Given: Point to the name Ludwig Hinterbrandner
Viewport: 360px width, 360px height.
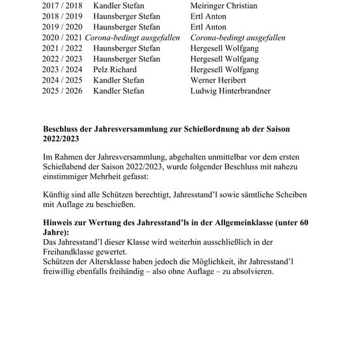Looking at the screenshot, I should click(230, 91).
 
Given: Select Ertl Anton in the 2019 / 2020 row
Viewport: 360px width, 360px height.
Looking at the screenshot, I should click(208, 27).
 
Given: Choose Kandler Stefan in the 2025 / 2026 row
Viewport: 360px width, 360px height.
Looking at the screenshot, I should click(118, 91).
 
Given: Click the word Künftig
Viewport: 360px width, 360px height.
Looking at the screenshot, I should click(56, 195).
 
